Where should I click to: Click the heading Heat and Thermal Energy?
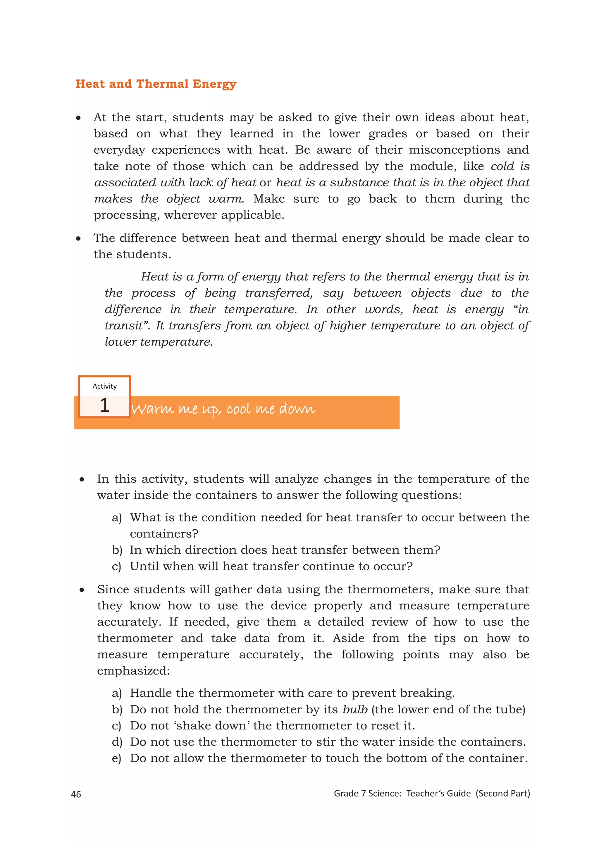click(x=156, y=84)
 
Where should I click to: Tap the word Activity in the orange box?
click(x=104, y=386)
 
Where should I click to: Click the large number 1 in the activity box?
click(x=105, y=405)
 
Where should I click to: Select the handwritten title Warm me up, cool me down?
click(x=223, y=409)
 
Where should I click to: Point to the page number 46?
click(x=76, y=794)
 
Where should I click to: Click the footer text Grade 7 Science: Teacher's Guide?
click(x=402, y=793)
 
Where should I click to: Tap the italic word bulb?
click(x=355, y=709)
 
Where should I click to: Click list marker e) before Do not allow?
click(x=117, y=758)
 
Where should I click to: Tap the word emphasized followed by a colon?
click(x=134, y=671)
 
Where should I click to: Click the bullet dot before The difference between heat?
click(x=79, y=239)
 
